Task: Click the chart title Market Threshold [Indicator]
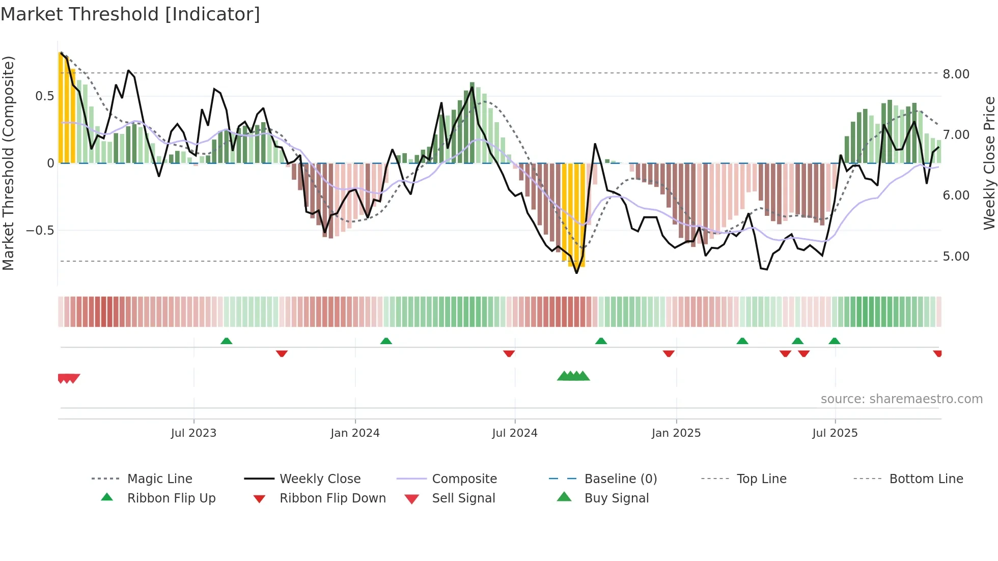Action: [130, 14]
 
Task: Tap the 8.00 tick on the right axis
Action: [956, 74]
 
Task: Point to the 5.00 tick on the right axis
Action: [956, 257]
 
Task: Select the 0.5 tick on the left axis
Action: [44, 96]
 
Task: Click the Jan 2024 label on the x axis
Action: [355, 433]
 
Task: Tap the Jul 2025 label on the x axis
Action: [835, 433]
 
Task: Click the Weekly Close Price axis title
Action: [989, 163]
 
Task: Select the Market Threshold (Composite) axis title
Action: [8, 163]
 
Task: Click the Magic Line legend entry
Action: [159, 479]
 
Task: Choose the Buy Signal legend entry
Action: [616, 498]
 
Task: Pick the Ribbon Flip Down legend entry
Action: [332, 498]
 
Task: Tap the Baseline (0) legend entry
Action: [620, 479]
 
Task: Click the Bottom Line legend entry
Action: [926, 479]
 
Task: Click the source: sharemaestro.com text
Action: [901, 399]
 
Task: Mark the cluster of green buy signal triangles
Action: [573, 376]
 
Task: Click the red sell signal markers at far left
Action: [68, 378]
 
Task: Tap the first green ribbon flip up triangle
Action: [227, 341]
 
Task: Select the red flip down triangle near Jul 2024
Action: [509, 353]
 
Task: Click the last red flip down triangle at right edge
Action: [937, 353]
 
